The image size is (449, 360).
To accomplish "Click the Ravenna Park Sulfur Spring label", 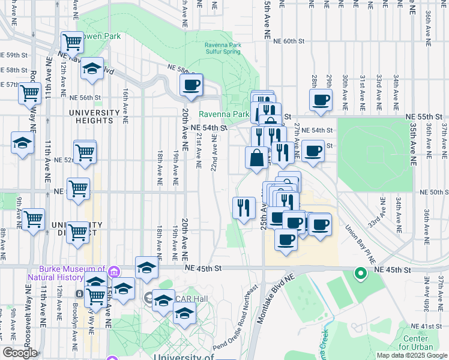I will [x=223, y=48].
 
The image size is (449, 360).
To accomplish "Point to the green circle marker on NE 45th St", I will [x=361, y=274].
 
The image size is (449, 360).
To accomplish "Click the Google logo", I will [x=20, y=353].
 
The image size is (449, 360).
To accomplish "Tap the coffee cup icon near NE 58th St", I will [x=191, y=85].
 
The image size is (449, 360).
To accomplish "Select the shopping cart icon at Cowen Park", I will [x=72, y=43].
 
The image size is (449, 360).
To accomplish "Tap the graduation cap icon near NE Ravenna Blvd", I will [x=92, y=68].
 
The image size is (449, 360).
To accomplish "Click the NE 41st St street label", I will [x=429, y=326].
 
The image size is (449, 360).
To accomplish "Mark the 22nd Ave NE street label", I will [x=213, y=152].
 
